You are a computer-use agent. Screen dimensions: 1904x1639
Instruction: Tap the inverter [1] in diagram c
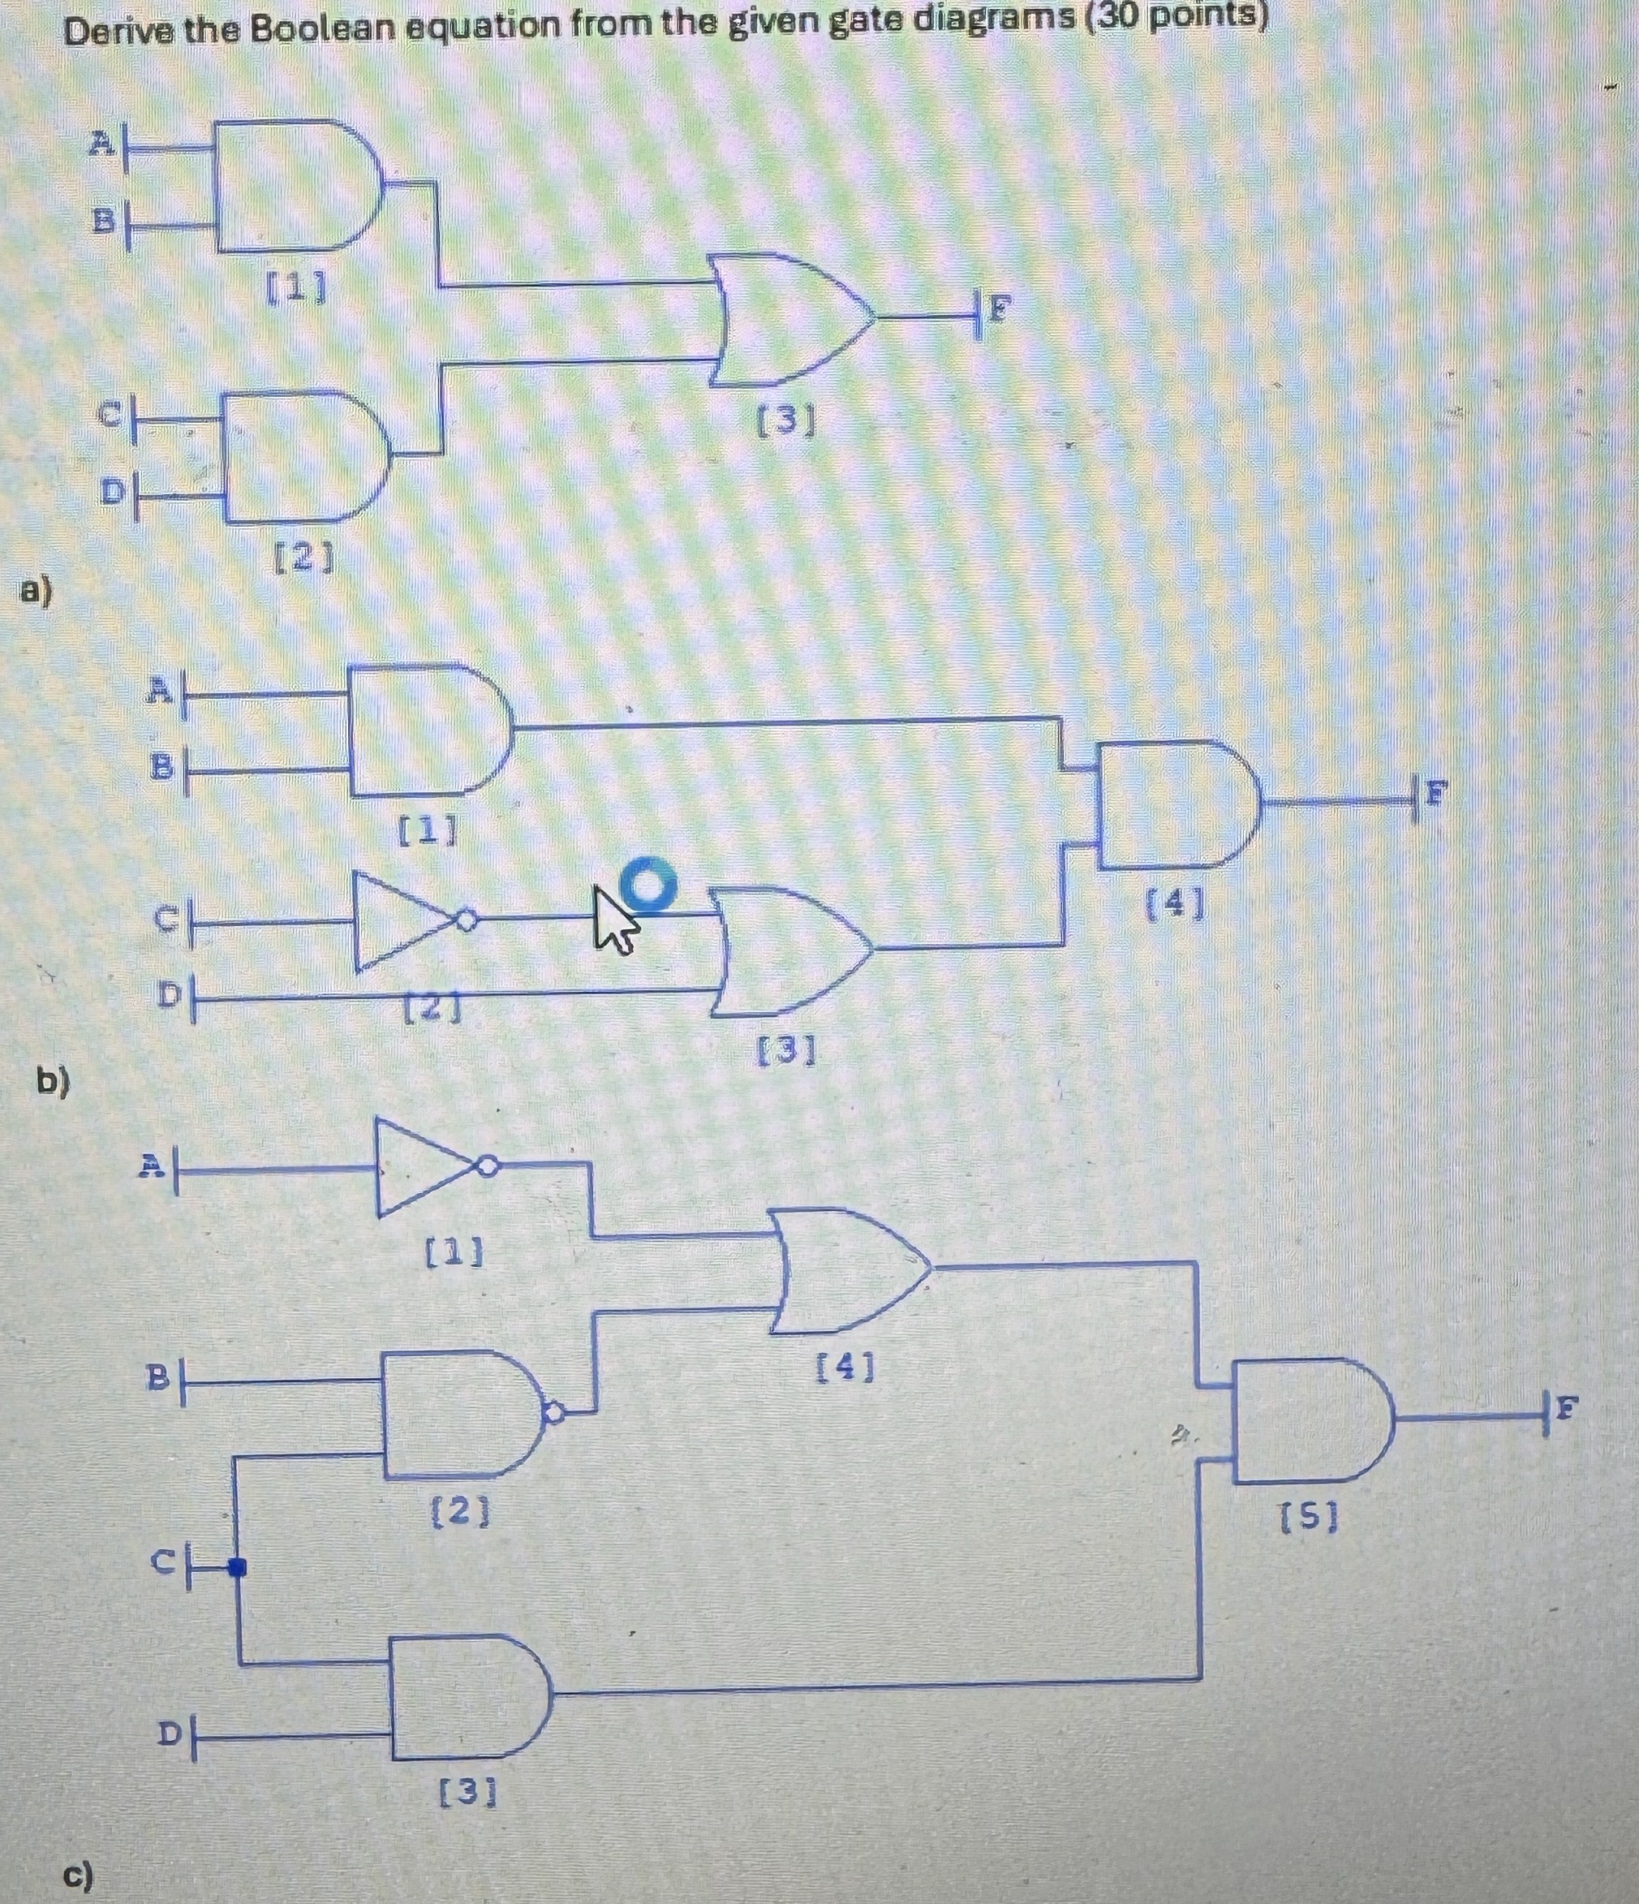point(428,1168)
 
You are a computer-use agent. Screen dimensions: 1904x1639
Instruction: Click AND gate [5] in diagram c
point(1310,1420)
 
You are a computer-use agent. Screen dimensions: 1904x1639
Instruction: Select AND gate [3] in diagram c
point(468,1697)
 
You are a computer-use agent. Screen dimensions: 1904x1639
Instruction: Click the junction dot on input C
point(238,1566)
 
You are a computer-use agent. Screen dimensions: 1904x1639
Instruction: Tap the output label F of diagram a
point(1000,312)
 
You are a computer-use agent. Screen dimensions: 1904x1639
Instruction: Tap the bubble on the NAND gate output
point(554,1412)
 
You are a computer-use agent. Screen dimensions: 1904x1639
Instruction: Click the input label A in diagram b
point(160,689)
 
